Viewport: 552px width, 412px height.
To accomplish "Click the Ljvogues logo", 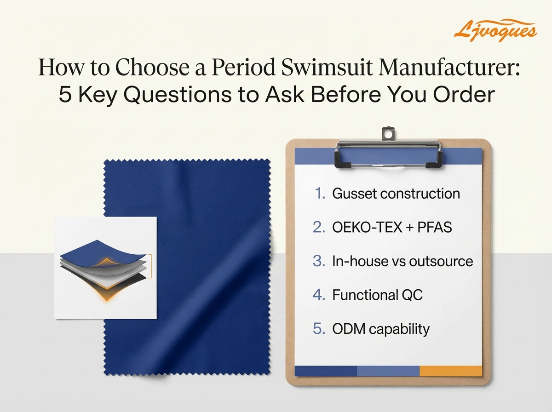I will pos(494,30).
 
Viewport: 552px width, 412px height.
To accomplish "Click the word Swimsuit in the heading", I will pos(312,68).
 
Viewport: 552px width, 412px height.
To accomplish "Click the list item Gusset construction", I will pos(396,194).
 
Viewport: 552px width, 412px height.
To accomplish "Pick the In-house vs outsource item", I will pos(402,261).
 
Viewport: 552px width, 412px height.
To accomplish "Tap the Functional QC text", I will pos(377,295).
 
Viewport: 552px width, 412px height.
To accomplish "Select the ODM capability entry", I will pos(380,329).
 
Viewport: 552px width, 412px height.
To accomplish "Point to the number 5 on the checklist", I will pos(319,329).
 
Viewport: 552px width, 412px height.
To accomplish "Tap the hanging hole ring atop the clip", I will pos(388,134).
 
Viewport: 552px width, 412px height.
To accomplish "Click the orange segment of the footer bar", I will pos(451,371).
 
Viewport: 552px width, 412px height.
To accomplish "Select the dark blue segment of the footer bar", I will pos(326,371).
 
